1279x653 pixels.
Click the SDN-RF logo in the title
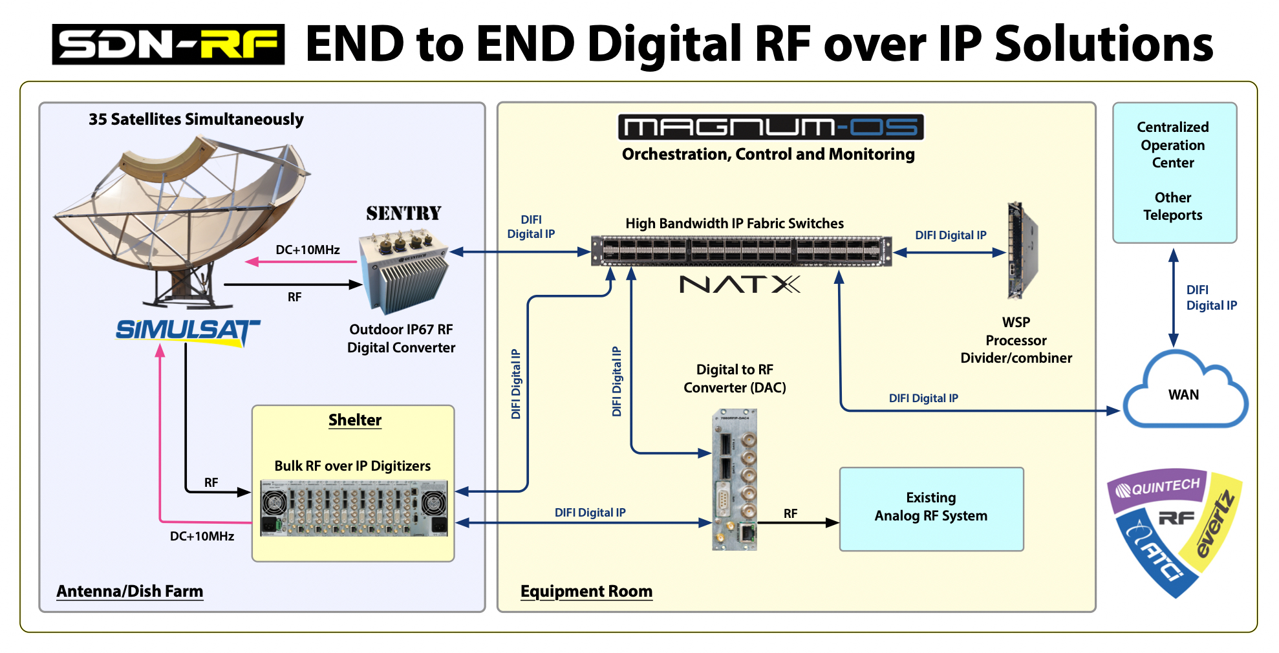click(x=168, y=44)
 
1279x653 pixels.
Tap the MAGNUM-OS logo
click(x=771, y=127)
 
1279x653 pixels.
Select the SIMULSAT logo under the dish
click(x=188, y=331)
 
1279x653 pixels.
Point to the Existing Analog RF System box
click(x=931, y=509)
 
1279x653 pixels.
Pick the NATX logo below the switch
click(x=740, y=284)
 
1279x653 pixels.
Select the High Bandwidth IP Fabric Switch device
click(x=741, y=251)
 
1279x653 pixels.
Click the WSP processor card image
click(x=1022, y=251)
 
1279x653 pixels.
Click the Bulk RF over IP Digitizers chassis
click(x=354, y=508)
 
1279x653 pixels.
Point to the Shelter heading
click(x=355, y=420)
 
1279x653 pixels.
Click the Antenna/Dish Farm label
click(x=130, y=591)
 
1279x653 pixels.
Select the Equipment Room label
click(x=586, y=591)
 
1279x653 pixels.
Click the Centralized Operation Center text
click(x=1173, y=145)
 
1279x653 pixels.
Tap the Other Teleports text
click(x=1173, y=206)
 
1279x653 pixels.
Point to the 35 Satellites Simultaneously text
click(x=196, y=120)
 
